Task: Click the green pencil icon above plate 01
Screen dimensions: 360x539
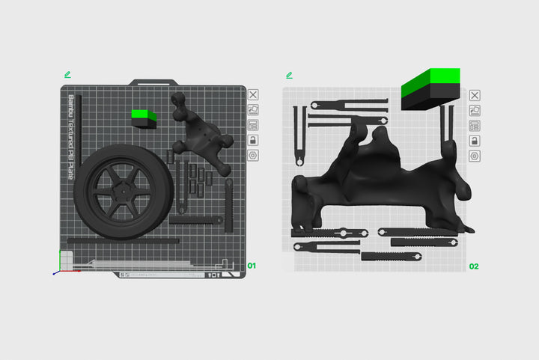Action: pyautogui.click(x=68, y=75)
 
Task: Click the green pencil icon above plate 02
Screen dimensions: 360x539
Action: pyautogui.click(x=289, y=75)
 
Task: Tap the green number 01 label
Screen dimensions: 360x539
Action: pyautogui.click(x=252, y=266)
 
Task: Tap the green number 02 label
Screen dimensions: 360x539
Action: pyautogui.click(x=473, y=266)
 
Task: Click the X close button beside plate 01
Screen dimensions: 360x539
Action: pyautogui.click(x=253, y=95)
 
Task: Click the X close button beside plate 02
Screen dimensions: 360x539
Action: pyautogui.click(x=475, y=95)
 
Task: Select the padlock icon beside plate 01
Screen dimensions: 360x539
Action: pyautogui.click(x=253, y=141)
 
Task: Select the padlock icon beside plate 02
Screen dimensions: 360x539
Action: pyautogui.click(x=475, y=141)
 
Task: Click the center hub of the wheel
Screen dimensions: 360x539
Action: pyautogui.click(x=121, y=192)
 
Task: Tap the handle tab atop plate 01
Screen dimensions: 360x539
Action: pyautogui.click(x=153, y=82)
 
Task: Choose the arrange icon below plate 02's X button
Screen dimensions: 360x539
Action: pyautogui.click(x=475, y=110)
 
